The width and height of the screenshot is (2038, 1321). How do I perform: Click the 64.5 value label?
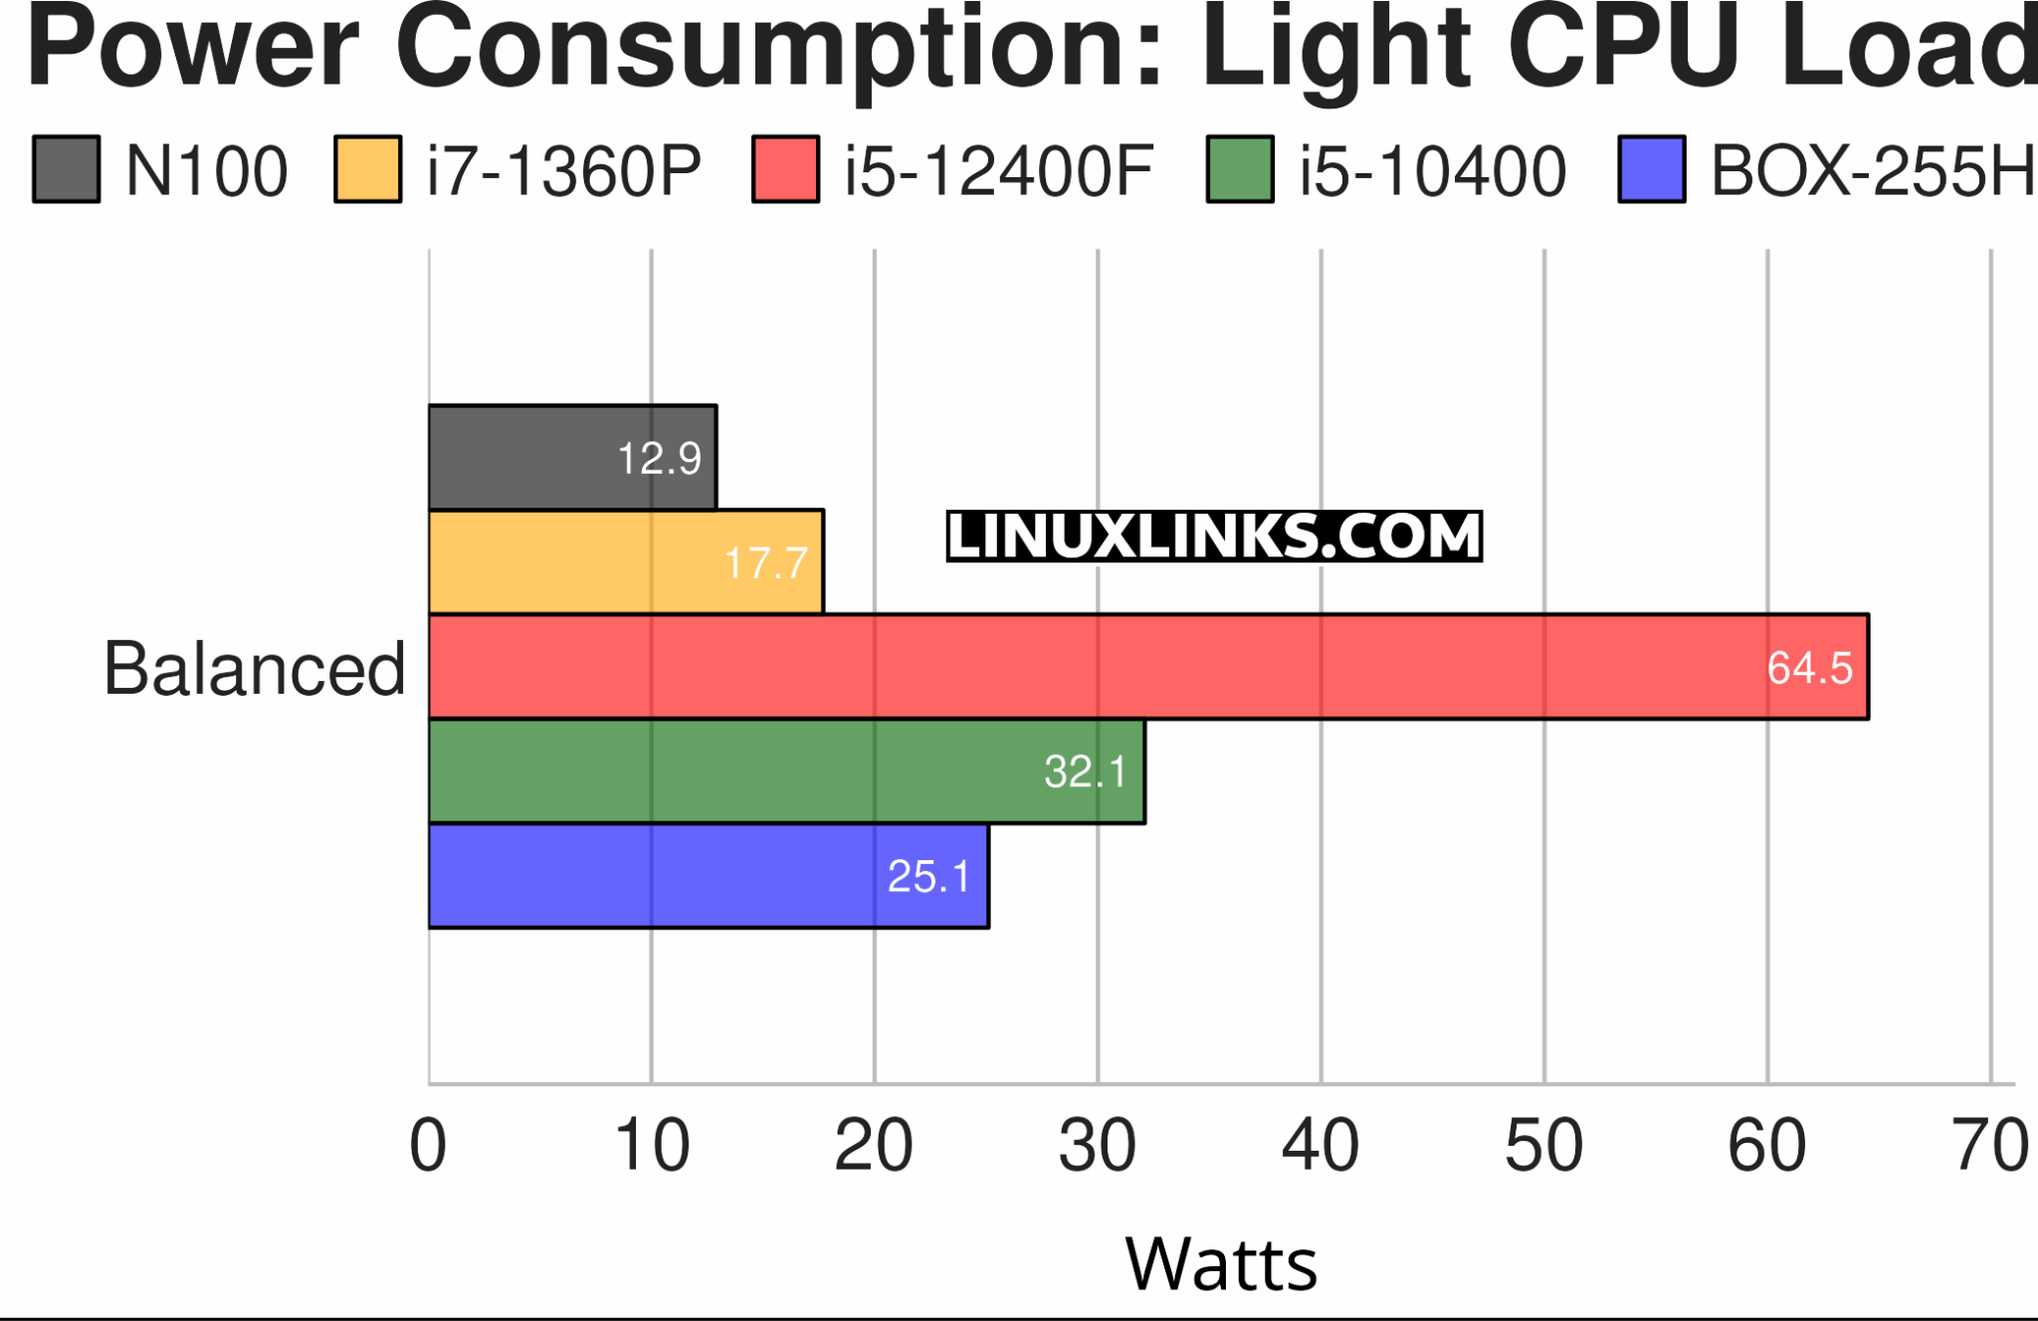tap(1809, 667)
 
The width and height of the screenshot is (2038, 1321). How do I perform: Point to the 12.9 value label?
tap(659, 458)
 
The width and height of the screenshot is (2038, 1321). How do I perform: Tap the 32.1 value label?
tap(1085, 771)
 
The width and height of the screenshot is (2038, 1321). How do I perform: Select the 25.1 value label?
tap(928, 876)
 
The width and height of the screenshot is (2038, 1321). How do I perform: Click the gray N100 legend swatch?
tap(67, 169)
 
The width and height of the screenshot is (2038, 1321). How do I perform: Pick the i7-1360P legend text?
tap(563, 170)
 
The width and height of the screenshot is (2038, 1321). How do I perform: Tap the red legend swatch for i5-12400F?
tap(785, 169)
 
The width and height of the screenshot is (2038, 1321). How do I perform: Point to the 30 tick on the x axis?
tap(1097, 1145)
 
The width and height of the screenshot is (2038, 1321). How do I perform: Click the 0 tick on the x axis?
tap(428, 1145)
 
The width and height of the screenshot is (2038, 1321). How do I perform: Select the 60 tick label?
tap(1766, 1145)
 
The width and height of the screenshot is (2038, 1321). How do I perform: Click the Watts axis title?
tap(1221, 1263)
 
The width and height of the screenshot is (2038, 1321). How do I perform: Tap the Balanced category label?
tap(255, 668)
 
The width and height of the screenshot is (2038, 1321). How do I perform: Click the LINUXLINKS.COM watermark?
tap(1214, 537)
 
